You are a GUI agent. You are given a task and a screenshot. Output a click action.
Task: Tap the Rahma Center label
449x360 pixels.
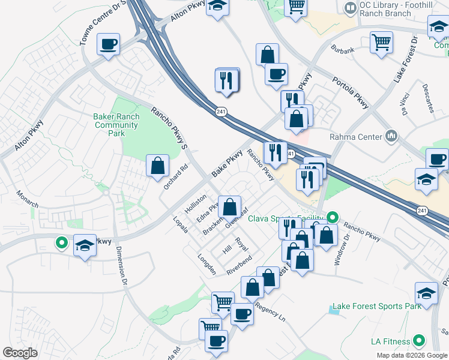point(358,137)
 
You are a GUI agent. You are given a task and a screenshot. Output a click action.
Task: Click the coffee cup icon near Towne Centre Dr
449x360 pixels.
point(108,44)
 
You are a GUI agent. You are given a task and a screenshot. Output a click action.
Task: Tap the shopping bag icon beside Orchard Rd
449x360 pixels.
point(157,167)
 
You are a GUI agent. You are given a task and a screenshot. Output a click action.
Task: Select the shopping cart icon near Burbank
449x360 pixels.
point(381,43)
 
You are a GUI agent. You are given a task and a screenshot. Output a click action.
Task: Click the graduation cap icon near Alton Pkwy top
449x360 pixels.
point(217,7)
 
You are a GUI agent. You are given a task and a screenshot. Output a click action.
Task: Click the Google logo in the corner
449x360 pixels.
point(20,353)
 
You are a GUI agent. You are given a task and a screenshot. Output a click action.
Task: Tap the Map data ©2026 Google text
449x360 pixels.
point(412,355)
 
